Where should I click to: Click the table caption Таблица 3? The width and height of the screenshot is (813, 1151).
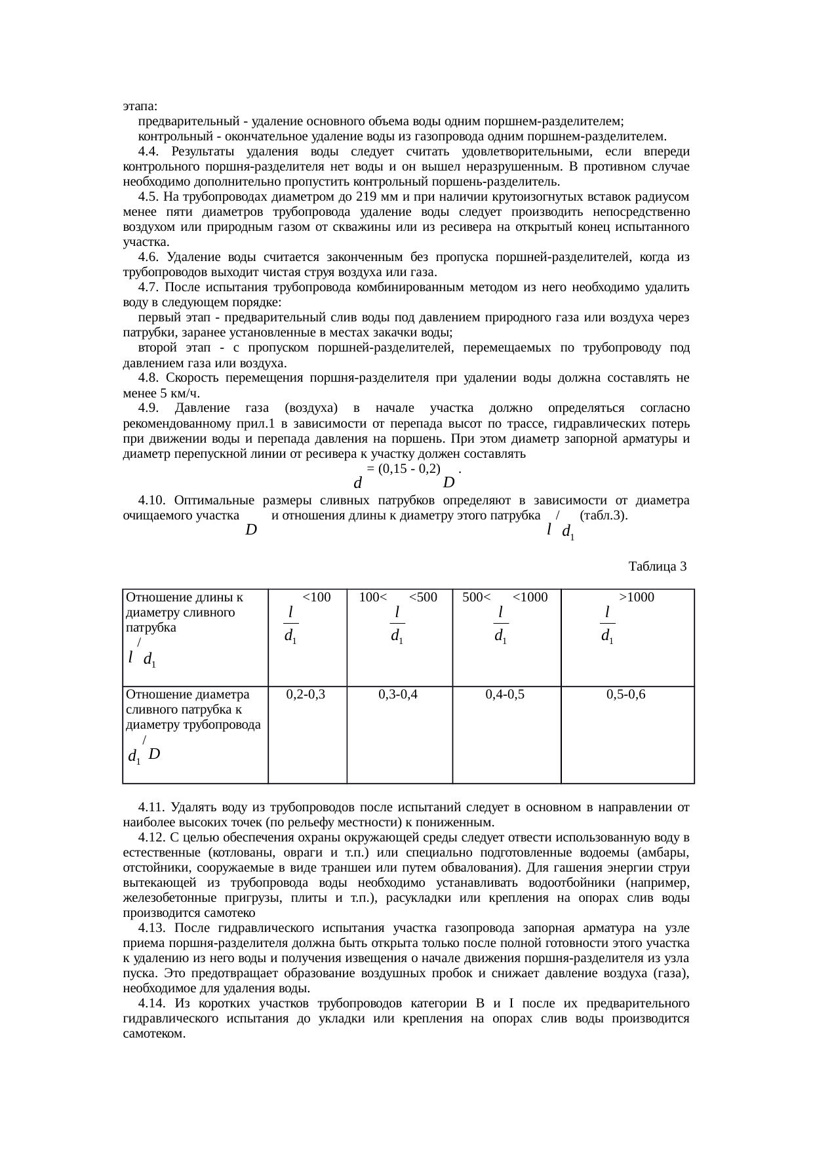[657, 566]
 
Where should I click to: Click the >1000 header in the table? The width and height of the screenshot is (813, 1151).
[636, 597]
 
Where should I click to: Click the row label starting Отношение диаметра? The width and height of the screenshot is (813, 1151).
[188, 695]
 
